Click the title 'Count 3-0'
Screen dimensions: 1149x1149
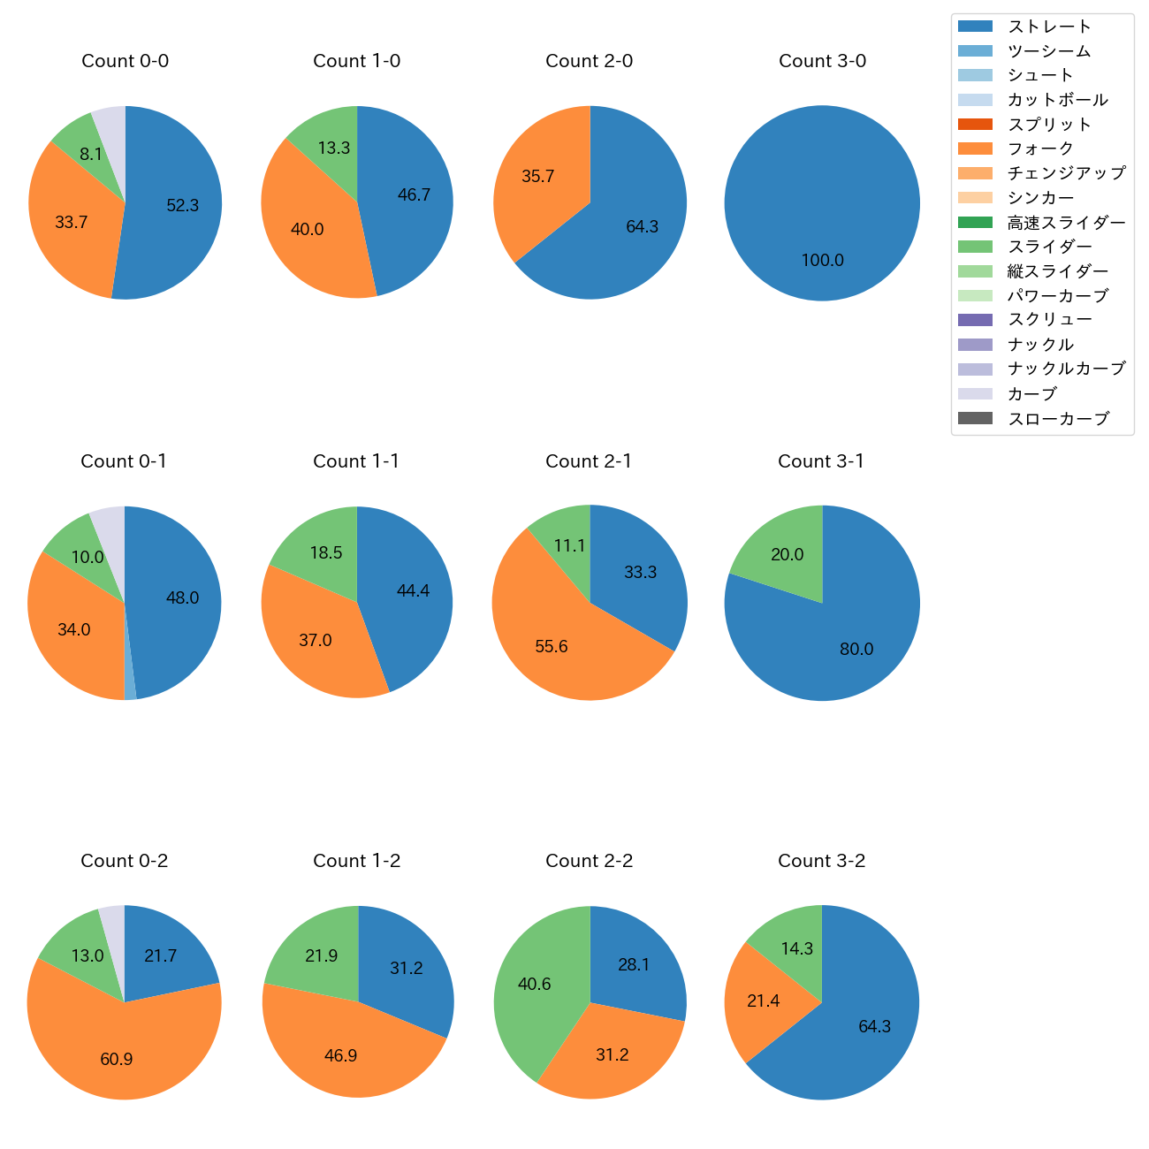coord(822,61)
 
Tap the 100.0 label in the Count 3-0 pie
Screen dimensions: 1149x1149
coord(822,260)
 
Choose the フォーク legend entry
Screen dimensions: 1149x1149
coord(1040,148)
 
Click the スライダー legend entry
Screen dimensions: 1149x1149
coord(1049,247)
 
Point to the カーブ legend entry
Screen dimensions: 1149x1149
coord(1031,394)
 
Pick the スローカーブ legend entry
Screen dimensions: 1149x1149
coord(1058,419)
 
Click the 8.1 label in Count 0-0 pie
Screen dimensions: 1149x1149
coord(91,154)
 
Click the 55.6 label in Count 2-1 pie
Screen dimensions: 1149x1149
coord(552,646)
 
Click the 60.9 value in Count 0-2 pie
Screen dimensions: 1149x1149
coord(117,1059)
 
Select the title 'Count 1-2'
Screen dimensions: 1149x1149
coord(357,861)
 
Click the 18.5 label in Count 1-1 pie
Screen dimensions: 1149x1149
coord(326,552)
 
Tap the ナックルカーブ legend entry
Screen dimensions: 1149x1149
coord(1066,369)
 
